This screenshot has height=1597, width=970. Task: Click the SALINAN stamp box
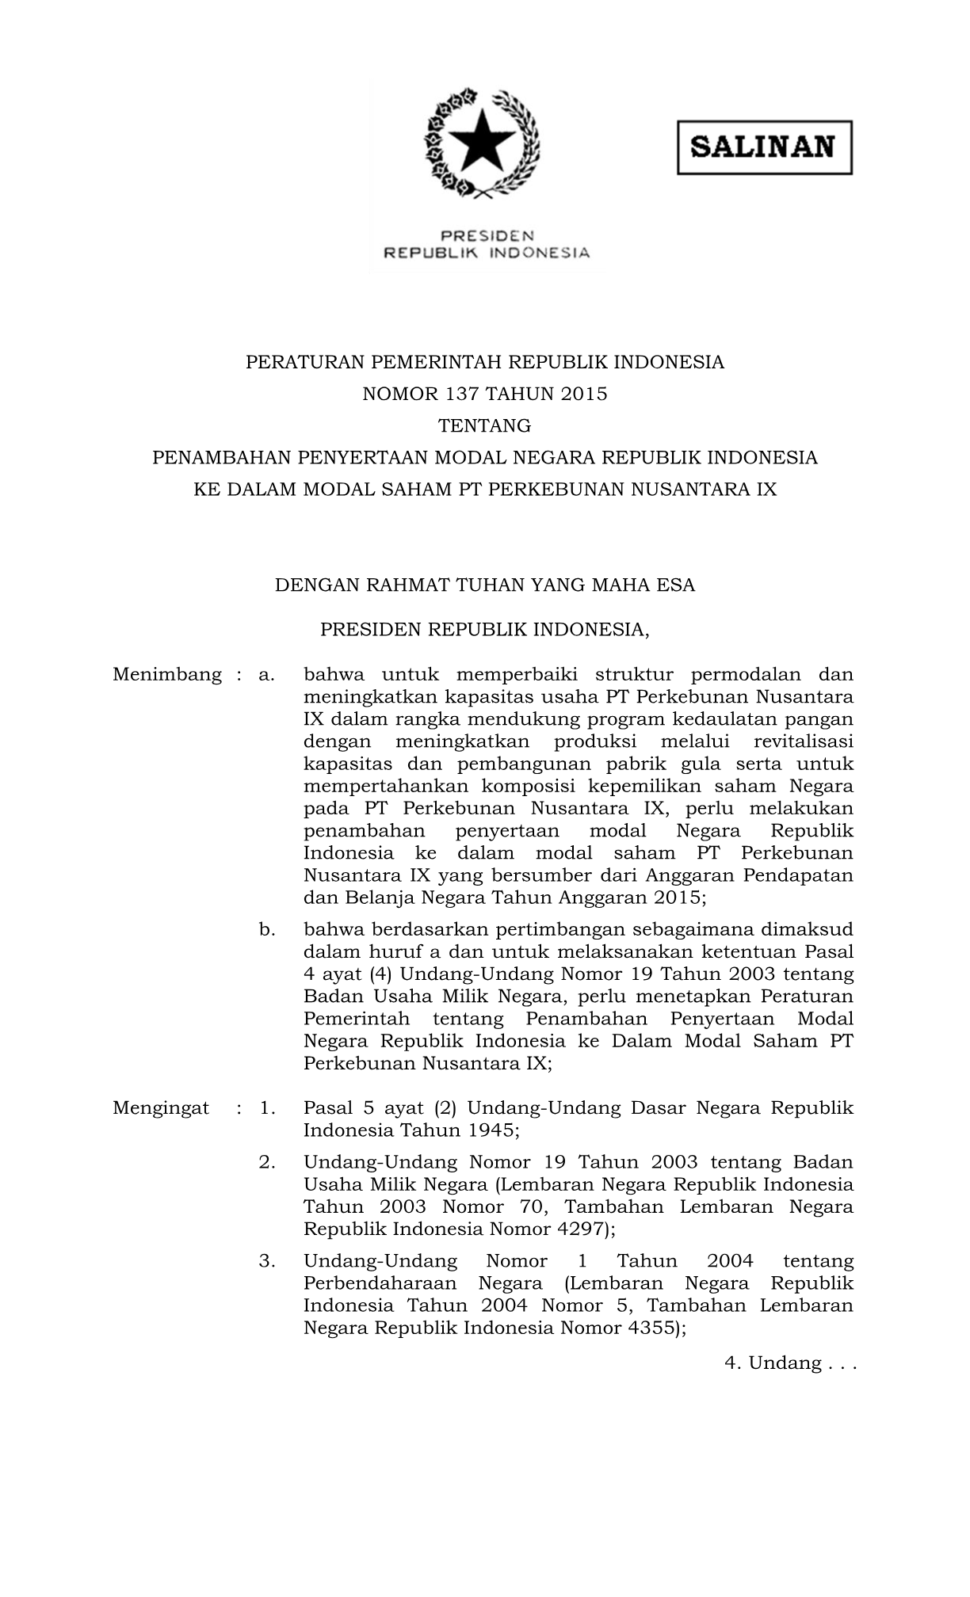[764, 147]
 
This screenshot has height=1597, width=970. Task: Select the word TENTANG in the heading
[485, 426]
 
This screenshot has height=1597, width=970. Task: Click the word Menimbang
[167, 675]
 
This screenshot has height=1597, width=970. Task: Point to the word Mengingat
[161, 1107]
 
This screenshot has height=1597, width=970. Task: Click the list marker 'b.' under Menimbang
[267, 929]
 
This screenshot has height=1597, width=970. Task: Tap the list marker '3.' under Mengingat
[267, 1261]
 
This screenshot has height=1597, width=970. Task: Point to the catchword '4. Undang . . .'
[790, 1363]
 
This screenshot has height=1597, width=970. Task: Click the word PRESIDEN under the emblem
[487, 235]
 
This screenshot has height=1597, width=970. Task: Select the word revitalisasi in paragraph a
[803, 741]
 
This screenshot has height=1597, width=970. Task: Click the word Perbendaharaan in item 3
[380, 1283]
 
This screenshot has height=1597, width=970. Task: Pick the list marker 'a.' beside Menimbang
[267, 675]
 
